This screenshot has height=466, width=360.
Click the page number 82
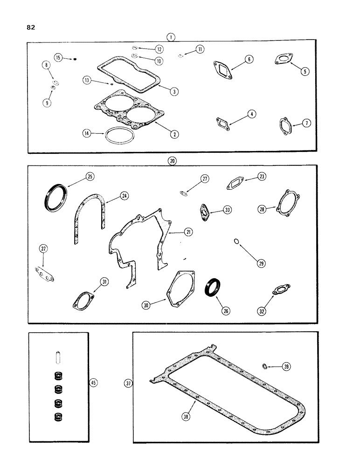point(30,27)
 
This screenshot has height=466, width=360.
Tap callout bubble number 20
point(172,160)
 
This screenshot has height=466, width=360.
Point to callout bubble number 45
point(93,383)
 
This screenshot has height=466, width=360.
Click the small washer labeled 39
point(265,367)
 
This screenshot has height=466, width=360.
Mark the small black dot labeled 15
point(75,59)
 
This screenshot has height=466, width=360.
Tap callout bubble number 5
point(305,71)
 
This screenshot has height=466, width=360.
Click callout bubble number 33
point(227,211)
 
